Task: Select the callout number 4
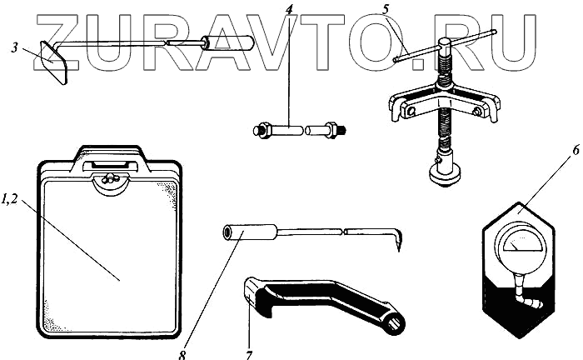288,11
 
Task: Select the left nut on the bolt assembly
260,130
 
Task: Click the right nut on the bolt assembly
331,130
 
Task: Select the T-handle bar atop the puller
446,46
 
